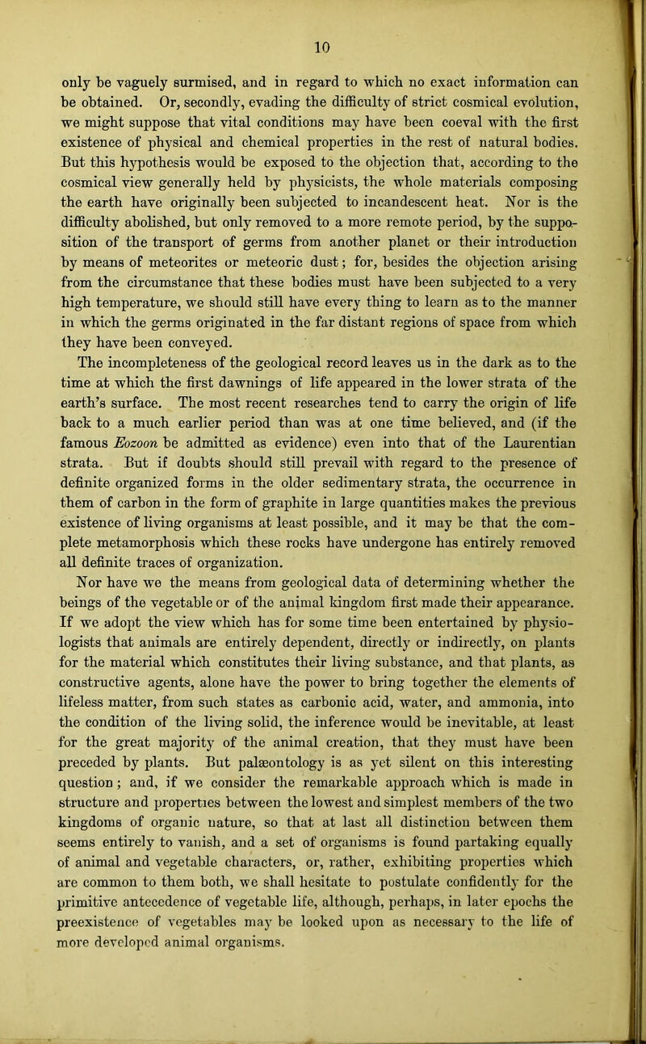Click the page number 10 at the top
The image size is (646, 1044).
tap(322, 19)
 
